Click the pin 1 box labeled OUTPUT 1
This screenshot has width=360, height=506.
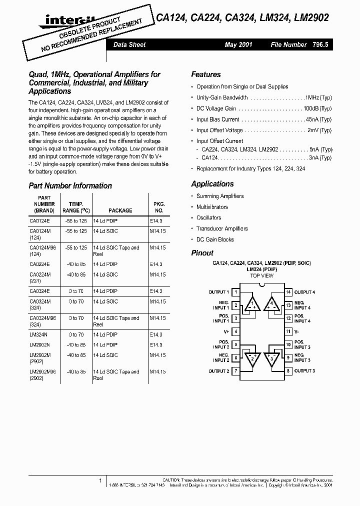236,292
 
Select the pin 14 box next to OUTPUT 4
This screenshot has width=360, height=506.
288,292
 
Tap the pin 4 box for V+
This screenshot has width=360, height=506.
236,331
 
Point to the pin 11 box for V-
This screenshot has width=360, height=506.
288,331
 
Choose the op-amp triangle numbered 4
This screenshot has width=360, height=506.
272,304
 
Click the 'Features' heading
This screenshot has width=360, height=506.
205,74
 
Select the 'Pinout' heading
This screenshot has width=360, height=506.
202,253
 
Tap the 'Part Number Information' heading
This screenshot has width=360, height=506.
70,185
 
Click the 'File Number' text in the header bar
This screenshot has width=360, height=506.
288,44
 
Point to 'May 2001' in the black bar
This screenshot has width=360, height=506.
238,44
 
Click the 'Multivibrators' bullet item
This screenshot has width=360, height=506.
212,207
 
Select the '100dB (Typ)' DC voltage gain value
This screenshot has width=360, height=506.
317,108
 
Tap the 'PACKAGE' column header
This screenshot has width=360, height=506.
120,210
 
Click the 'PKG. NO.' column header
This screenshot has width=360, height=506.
158,207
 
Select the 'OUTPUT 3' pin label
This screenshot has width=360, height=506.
304,370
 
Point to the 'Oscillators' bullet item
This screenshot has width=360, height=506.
208,218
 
